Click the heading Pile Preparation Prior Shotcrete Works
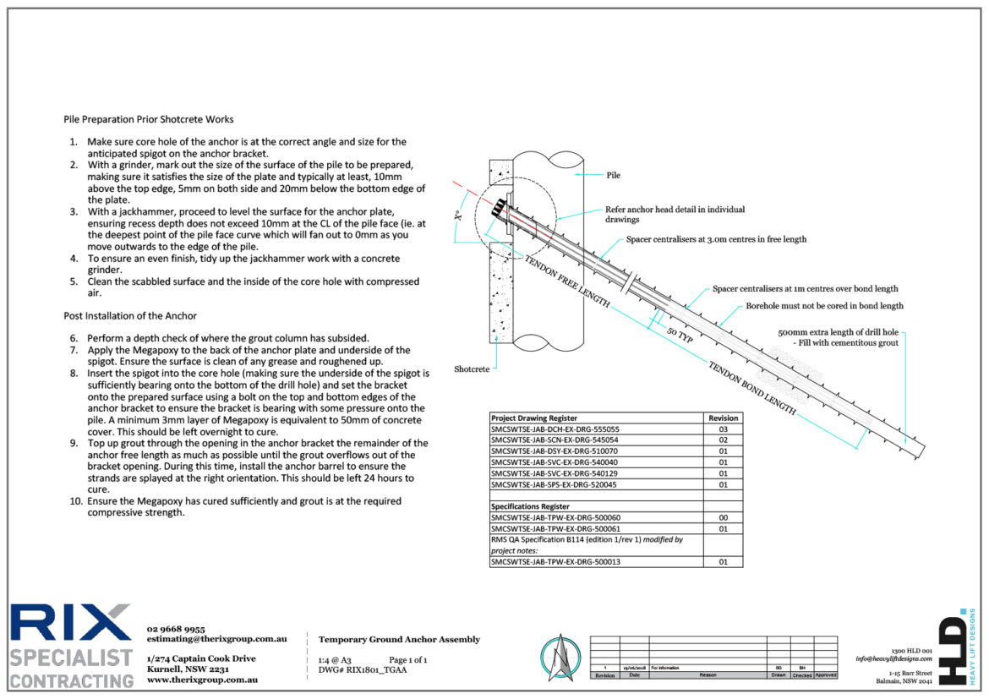point(149,119)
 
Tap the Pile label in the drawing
point(614,175)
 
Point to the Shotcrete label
point(472,369)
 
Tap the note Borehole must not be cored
point(824,305)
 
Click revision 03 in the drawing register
point(723,429)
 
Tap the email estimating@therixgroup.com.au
point(216,640)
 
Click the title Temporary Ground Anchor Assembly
point(399,639)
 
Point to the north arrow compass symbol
point(560,657)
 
